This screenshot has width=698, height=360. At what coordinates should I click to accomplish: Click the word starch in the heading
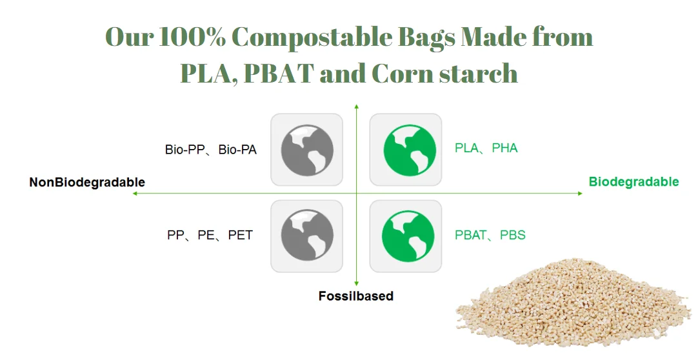(479, 73)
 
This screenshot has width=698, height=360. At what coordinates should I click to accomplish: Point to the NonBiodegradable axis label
(87, 183)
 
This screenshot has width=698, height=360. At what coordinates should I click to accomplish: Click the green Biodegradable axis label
(633, 182)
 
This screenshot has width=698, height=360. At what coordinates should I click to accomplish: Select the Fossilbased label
(355, 296)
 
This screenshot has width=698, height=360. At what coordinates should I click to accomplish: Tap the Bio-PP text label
(185, 150)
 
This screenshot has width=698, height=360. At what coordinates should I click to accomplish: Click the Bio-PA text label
(237, 150)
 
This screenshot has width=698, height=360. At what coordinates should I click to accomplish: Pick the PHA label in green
(504, 148)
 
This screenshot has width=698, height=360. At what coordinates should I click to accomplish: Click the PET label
(240, 235)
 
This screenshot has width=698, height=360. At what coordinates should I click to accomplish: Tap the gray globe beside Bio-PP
(307, 150)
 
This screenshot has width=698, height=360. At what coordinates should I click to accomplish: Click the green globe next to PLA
(405, 150)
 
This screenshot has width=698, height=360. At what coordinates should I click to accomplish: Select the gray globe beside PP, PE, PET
(307, 236)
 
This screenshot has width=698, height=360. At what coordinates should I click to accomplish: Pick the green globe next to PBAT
(405, 236)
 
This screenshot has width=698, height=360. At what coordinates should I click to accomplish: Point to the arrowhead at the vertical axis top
(356, 106)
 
